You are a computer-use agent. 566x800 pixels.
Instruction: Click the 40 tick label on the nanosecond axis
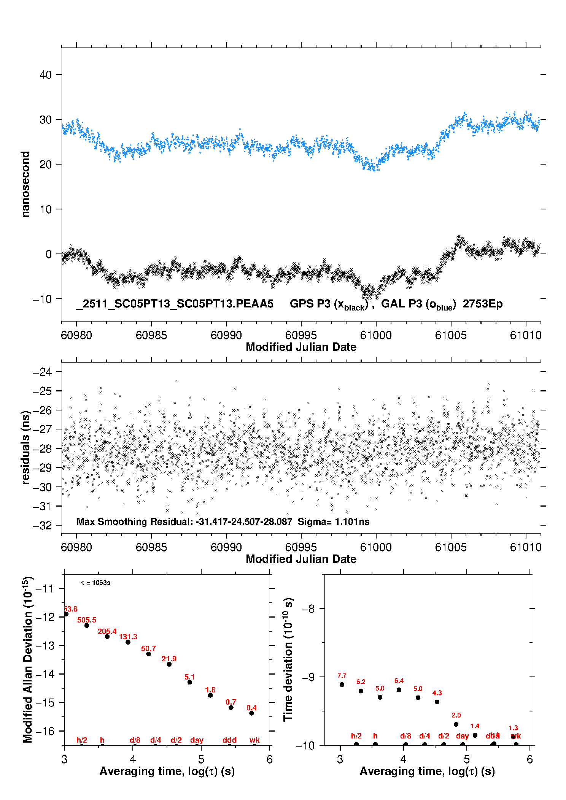click(46, 75)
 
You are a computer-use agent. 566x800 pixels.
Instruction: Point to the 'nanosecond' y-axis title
click(25, 184)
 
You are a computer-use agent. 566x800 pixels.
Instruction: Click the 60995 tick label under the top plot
click(301, 335)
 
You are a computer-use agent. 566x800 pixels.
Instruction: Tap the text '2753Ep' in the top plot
click(482, 304)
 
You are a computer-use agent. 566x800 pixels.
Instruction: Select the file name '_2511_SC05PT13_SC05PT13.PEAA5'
click(175, 304)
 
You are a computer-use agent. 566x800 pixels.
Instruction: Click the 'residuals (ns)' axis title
click(25, 448)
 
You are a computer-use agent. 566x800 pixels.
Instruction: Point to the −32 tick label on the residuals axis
click(43, 526)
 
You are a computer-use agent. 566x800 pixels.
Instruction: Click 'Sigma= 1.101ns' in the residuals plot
click(333, 522)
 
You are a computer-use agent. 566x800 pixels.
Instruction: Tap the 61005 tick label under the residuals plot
click(451, 547)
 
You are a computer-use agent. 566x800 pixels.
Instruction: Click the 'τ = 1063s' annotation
click(96, 583)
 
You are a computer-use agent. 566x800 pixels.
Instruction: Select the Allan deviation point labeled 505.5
click(87, 626)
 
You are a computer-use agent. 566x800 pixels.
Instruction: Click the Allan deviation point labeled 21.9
click(169, 664)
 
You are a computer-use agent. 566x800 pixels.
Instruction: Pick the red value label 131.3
click(128, 637)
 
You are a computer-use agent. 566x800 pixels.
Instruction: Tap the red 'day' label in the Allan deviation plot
click(197, 740)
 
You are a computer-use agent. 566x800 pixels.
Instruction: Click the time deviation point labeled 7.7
click(342, 684)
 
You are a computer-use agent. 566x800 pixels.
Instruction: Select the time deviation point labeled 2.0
click(456, 724)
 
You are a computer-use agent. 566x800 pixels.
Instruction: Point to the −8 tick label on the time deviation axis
click(308, 609)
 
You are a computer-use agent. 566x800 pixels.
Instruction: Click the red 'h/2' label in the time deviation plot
click(356, 736)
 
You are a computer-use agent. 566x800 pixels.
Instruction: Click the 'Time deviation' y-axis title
click(288, 659)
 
